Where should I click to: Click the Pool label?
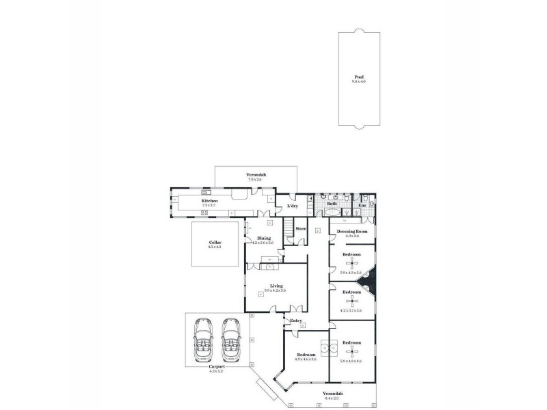click(359, 77)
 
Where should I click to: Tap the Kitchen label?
click(210, 201)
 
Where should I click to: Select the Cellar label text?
click(215, 243)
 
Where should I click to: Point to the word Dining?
click(264, 238)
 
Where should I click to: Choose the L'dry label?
click(293, 206)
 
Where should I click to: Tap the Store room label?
click(300, 228)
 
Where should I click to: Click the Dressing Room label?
click(352, 232)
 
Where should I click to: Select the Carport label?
click(217, 367)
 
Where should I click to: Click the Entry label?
click(295, 320)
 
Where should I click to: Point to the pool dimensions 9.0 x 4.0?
click(359, 81)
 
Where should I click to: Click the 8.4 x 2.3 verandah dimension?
click(334, 398)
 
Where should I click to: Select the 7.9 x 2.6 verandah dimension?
click(256, 180)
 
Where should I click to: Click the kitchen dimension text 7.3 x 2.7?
click(209, 205)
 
